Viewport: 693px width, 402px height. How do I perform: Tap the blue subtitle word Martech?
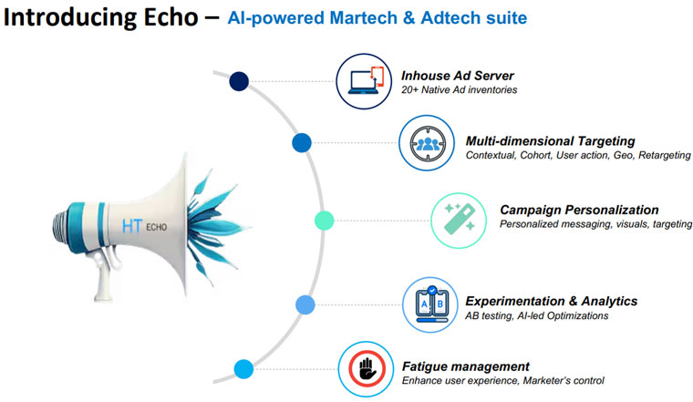(364, 18)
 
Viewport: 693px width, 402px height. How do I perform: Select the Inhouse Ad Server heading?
(458, 76)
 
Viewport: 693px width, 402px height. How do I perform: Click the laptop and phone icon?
(364, 81)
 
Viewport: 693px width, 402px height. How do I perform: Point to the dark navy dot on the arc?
(239, 81)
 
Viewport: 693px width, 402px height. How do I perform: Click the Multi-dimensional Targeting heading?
(550, 141)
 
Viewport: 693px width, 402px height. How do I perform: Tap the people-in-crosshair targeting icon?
(427, 143)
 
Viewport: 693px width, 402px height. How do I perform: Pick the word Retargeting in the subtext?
(664, 155)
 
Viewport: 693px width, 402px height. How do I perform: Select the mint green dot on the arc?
(324, 221)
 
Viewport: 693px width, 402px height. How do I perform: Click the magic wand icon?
(460, 219)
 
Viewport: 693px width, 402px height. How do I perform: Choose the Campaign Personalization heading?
(579, 210)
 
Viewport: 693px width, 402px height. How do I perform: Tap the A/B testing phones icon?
(430, 304)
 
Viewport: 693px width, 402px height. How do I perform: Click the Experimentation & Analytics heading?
(551, 302)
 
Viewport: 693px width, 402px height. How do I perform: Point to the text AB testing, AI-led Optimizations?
(536, 315)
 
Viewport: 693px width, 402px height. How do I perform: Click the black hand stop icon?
(367, 369)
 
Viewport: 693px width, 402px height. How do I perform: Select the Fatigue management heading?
(465, 366)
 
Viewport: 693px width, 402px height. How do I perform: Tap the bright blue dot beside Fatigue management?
(243, 369)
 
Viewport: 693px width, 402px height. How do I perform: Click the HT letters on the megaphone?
(131, 226)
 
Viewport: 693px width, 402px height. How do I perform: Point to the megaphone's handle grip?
(104, 274)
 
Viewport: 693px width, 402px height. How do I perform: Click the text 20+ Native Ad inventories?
(460, 89)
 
